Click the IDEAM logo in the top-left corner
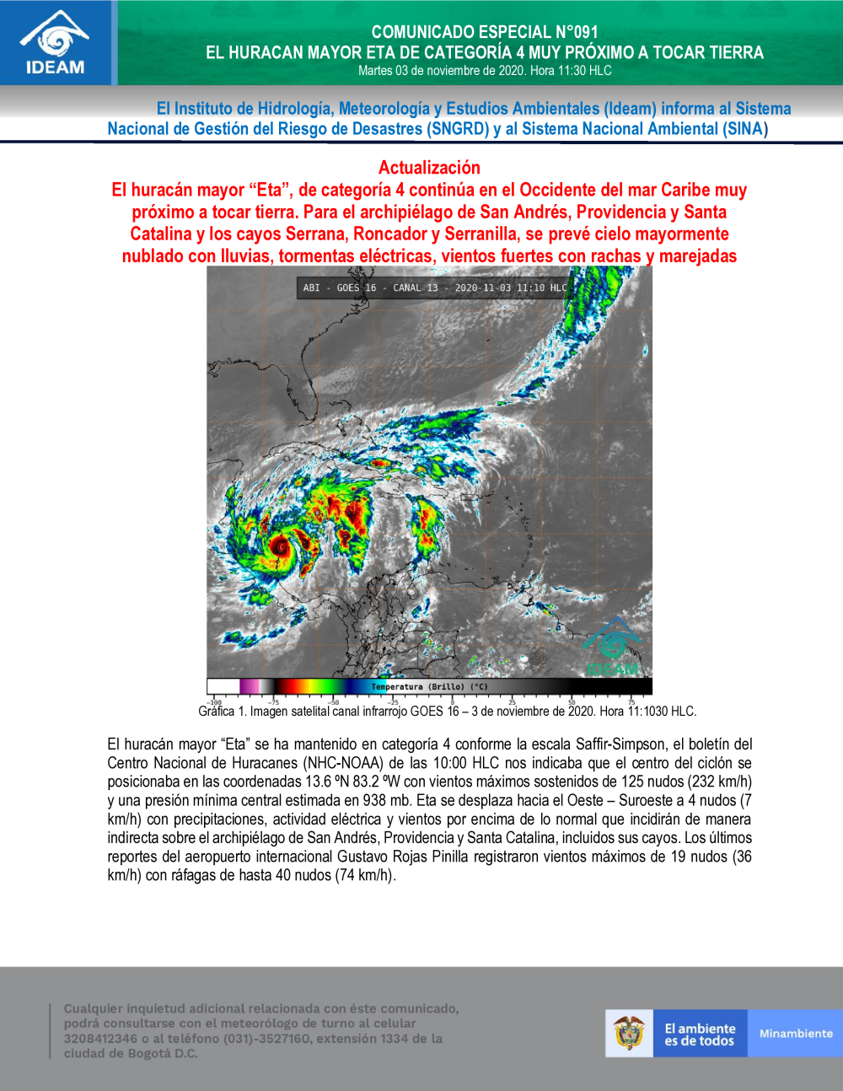56,42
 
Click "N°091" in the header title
570,32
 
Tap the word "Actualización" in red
429,168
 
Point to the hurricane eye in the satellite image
279,546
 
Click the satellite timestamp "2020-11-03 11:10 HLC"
511,288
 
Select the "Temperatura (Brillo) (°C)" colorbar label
429,686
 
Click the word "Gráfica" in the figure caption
217,712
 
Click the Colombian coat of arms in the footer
629,1033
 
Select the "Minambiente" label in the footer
796,1034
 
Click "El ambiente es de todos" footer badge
700,1035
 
